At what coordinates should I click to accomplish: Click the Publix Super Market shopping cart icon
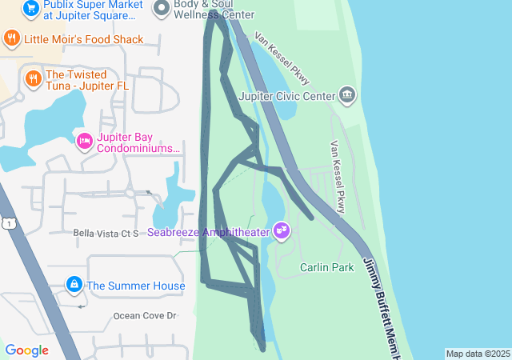[x=31, y=9]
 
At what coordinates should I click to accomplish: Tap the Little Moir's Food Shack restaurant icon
[x=11, y=38]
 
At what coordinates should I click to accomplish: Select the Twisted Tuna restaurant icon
[x=33, y=78]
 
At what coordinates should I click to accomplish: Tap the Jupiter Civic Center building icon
[x=346, y=96]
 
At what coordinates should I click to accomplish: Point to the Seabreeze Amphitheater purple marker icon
[x=281, y=231]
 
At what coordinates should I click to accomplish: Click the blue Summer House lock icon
[x=74, y=285]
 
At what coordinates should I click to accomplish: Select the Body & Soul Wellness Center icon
[x=161, y=7]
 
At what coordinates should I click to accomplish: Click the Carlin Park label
[x=326, y=267]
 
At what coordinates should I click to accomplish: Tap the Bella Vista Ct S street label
[x=106, y=233]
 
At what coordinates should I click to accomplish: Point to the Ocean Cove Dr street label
[x=144, y=316]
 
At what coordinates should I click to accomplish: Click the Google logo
[x=26, y=350]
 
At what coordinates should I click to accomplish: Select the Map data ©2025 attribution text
[x=478, y=354]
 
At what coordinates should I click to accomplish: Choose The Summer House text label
[x=135, y=286]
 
